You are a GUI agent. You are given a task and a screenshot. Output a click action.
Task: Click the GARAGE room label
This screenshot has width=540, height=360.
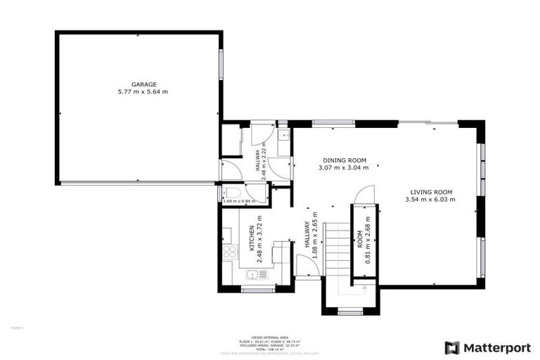pyautogui.click(x=143, y=84)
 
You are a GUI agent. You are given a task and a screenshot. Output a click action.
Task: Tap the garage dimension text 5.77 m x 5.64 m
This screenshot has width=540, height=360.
pyautogui.click(x=143, y=92)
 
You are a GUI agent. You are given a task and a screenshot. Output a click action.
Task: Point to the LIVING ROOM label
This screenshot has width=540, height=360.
pyautogui.click(x=430, y=192)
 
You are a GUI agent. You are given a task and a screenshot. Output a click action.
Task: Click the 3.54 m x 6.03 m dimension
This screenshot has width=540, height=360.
pyautogui.click(x=430, y=200)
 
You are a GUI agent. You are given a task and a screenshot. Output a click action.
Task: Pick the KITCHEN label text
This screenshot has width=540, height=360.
pyautogui.click(x=251, y=239)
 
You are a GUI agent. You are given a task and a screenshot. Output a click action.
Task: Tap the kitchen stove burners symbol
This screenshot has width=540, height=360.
pyautogui.click(x=229, y=253)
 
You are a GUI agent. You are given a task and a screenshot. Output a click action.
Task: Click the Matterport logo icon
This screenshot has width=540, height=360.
pyautogui.click(x=452, y=347)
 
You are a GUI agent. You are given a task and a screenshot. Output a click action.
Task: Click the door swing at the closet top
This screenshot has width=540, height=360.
pyautogui.click(x=365, y=195)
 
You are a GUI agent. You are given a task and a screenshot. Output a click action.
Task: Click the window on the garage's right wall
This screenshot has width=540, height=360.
pyautogui.click(x=221, y=65)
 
